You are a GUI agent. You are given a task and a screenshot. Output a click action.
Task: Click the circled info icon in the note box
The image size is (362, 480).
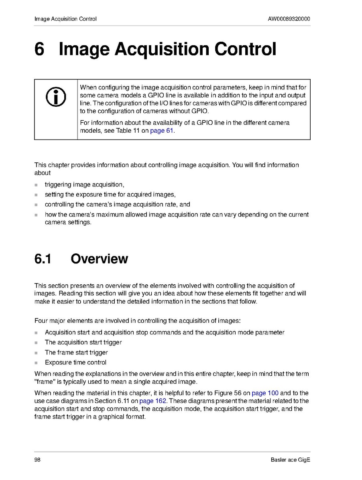click(56, 97)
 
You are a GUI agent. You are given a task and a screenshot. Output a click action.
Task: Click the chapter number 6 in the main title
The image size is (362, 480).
click(39, 49)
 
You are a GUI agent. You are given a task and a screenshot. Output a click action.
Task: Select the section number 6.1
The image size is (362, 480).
click(43, 259)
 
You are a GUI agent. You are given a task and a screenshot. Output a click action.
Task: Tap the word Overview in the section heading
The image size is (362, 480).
click(99, 259)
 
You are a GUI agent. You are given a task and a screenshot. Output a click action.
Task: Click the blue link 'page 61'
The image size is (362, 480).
click(162, 131)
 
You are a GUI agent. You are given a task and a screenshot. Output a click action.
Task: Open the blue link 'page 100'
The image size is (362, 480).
click(265, 393)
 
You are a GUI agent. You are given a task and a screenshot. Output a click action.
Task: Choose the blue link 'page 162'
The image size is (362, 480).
click(153, 401)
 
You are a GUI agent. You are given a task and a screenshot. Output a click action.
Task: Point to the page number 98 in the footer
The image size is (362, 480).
click(38, 460)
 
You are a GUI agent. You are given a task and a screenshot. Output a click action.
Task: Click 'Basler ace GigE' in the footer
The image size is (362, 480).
click(290, 460)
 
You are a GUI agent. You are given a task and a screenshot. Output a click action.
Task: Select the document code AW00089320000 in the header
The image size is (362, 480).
click(289, 19)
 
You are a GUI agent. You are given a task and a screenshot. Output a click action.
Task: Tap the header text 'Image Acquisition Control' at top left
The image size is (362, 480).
click(65, 19)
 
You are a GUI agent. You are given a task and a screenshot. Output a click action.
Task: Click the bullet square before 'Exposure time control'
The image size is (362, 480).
click(36, 363)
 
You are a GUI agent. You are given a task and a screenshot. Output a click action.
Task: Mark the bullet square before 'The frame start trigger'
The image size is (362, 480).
click(36, 353)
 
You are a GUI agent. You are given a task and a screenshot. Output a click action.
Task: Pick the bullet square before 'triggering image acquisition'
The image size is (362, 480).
click(36, 185)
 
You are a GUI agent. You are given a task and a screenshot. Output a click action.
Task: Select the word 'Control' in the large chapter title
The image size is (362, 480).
click(245, 49)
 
